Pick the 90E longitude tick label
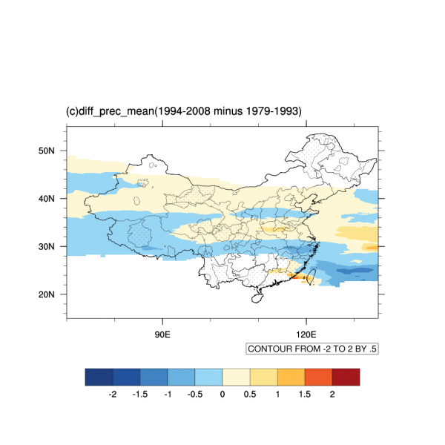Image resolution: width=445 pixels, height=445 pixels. [x=162, y=334]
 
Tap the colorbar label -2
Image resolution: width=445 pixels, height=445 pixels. [x=112, y=395]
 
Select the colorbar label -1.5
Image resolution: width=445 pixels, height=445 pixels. [x=139, y=395]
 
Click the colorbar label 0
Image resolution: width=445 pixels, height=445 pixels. [x=222, y=395]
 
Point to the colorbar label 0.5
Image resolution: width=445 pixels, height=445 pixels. [x=250, y=395]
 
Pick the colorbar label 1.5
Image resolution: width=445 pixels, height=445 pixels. [x=305, y=395]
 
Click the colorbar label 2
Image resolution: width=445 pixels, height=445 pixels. [x=332, y=395]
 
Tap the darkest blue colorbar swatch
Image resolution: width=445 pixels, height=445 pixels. [x=99, y=378]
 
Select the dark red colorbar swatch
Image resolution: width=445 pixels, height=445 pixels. [x=346, y=378]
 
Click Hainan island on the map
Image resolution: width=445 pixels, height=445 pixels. [x=257, y=298]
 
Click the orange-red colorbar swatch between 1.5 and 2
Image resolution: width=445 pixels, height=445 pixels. [x=318, y=378]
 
